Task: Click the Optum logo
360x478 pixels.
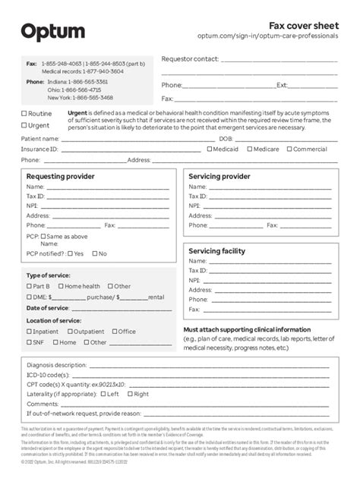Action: (52, 32)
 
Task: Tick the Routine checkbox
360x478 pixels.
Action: (24, 114)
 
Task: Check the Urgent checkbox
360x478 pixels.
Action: (24, 125)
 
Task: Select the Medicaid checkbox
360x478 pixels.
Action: (208, 149)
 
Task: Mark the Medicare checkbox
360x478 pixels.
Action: (248, 149)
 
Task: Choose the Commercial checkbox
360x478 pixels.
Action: (289, 149)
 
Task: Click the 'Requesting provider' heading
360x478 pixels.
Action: (61, 176)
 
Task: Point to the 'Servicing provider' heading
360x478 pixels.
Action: (219, 176)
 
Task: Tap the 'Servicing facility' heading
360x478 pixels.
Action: (216, 250)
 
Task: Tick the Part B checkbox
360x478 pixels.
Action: (30, 287)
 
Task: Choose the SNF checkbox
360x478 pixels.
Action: (30, 342)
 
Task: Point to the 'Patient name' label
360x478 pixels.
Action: (40, 139)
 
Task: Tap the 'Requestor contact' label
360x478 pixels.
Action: (189, 58)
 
